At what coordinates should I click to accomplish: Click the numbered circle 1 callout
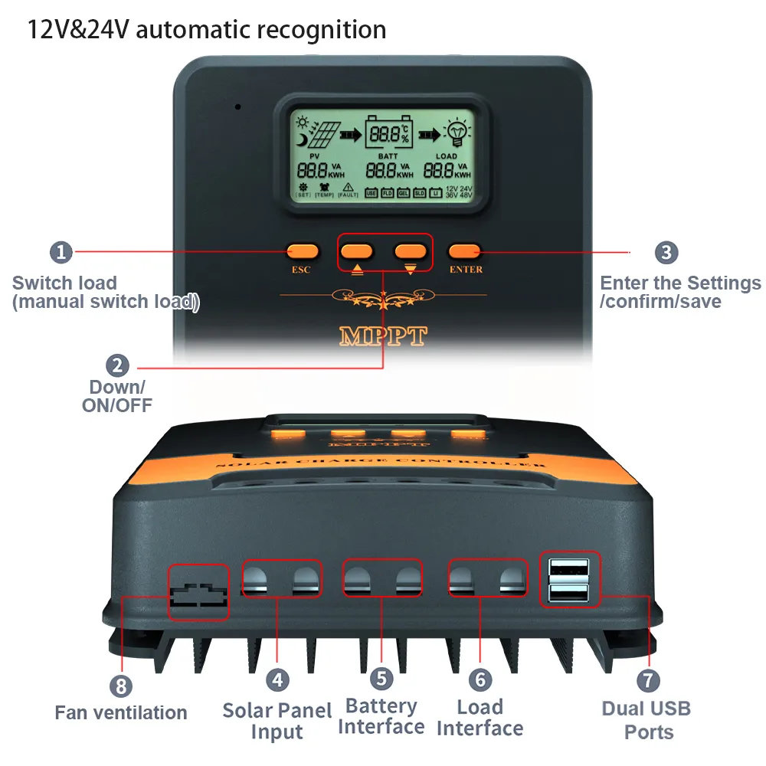coord(61,252)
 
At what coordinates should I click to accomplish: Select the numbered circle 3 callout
coord(666,252)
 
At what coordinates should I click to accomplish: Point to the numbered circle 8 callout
coord(120,686)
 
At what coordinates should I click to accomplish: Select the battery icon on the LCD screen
coord(388,135)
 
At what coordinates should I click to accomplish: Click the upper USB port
coord(569,569)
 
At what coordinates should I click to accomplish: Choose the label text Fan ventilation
coord(121,712)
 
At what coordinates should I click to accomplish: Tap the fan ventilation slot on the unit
coord(198,593)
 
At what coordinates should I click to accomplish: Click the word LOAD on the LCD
coord(447,156)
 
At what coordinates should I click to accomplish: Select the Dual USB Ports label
coord(647,720)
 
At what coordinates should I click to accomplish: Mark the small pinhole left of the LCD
coord(238,106)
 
